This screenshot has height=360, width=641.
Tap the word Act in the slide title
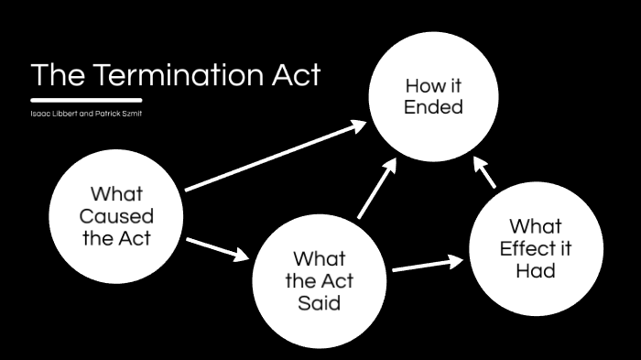(295, 75)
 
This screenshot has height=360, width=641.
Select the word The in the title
(57, 75)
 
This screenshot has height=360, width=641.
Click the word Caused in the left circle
(116, 217)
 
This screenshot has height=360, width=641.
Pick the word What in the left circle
(116, 194)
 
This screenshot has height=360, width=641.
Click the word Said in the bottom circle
(319, 302)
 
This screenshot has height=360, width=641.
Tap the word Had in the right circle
(537, 271)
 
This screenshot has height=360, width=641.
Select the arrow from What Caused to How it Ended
(275, 157)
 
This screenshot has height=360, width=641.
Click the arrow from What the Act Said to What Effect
(427, 265)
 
